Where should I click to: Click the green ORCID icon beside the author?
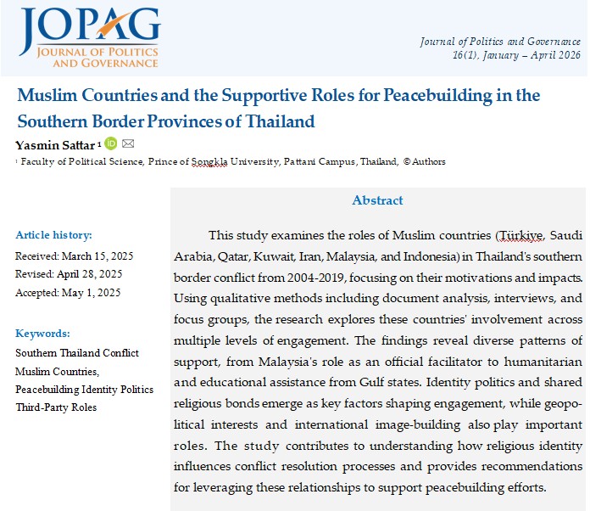pos(110,143)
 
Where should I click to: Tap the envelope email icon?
pos(128,143)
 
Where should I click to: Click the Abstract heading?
pos(377,200)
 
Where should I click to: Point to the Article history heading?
pos(53,235)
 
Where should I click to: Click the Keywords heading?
pos(42,334)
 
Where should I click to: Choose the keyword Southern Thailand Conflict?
pos(77,352)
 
